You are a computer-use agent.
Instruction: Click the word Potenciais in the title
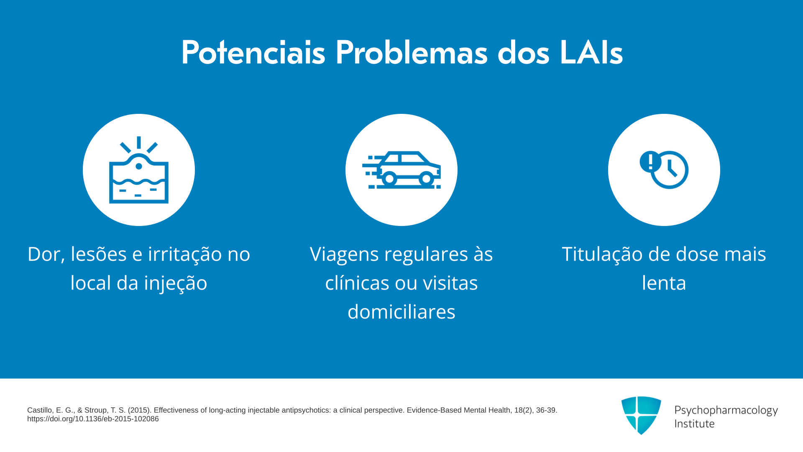point(253,53)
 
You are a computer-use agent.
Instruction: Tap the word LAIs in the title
point(591,53)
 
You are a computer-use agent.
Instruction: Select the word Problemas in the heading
point(412,53)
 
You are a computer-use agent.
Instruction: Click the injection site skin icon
point(139,170)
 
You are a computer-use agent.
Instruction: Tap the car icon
point(401,170)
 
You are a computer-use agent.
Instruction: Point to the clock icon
point(669,170)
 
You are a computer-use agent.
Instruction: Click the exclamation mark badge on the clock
point(650,162)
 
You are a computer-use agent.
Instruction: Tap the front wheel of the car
point(426,179)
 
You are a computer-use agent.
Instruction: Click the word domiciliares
point(401,312)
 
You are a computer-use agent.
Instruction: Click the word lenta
point(664,283)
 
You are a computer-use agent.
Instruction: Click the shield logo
point(641,415)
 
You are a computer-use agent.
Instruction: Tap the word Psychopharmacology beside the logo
point(726,411)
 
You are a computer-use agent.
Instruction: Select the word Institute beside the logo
point(695,424)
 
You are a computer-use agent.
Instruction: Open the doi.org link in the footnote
point(93,419)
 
